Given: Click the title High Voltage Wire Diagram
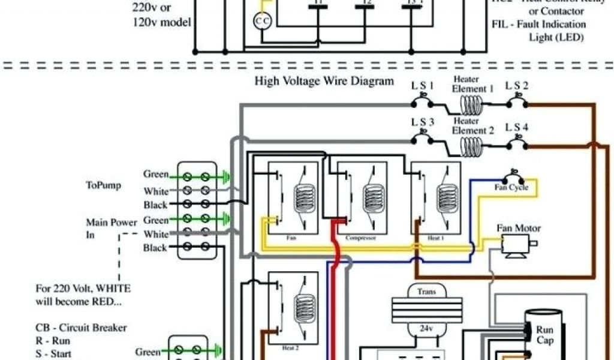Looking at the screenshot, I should [x=324, y=80].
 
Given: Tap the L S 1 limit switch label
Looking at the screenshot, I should [x=422, y=85].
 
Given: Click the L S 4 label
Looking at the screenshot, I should [x=516, y=127].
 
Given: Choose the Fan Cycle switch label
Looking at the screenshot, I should [x=511, y=187].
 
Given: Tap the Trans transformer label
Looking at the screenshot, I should [x=426, y=291].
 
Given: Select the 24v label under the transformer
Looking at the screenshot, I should [x=426, y=329].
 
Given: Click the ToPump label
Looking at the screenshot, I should [x=103, y=185].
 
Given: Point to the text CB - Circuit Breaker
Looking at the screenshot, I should [x=80, y=328].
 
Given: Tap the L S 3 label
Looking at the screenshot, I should [x=422, y=122].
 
